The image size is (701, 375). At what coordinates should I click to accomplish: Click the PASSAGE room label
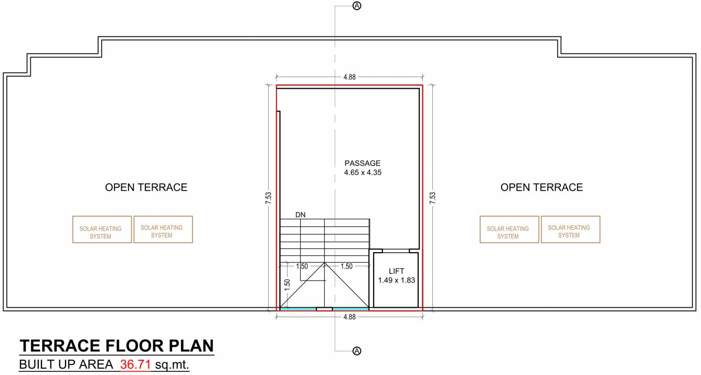pos(362,163)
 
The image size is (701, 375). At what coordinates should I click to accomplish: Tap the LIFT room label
pos(396,271)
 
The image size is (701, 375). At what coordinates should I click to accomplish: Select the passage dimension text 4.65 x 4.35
pos(362,172)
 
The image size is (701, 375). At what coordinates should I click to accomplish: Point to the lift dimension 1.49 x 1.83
pos(396,280)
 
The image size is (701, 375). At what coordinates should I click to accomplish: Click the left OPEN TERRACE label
pos(146,187)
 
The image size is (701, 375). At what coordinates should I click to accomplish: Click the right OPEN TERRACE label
pos(541,187)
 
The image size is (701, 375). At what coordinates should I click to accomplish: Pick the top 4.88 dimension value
pos(349,77)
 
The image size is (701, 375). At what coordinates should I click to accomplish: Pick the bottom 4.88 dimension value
pos(349,317)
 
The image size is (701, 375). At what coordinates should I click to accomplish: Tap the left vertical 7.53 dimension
pos(269,197)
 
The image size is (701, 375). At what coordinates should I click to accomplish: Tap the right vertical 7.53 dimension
pos(432,197)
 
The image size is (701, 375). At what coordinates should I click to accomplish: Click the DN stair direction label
pos(300,215)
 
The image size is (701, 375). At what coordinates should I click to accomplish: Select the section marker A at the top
pos(357,6)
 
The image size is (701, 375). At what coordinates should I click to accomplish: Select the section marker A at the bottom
pos(357,350)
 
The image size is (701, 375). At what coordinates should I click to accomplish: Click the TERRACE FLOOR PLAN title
pos(116,346)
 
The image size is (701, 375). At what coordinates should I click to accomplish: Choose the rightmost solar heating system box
pos(570,230)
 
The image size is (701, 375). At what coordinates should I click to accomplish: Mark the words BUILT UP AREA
pos(66,364)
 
